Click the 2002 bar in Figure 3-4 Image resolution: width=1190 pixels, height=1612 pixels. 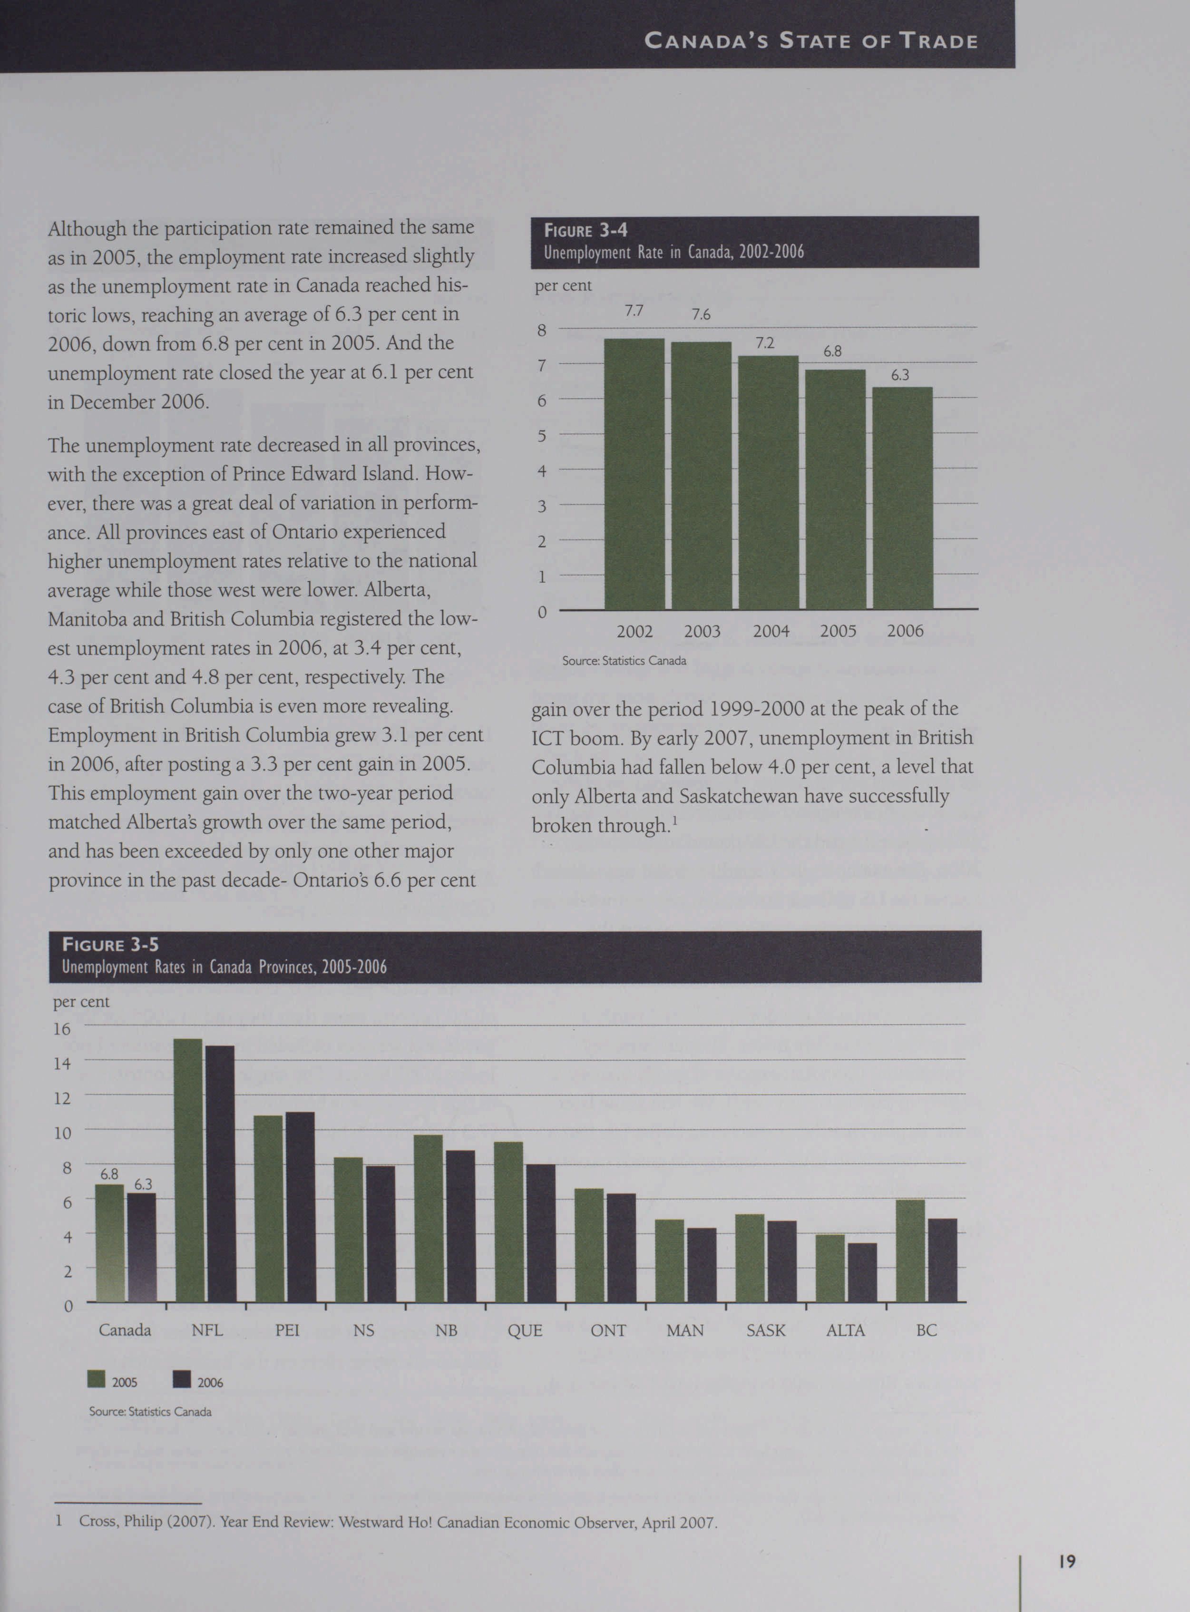tap(634, 474)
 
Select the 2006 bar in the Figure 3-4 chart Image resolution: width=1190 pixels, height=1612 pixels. tap(903, 498)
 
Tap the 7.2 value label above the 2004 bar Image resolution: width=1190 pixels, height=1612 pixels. tap(765, 343)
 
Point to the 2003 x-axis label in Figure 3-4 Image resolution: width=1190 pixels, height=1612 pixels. tap(702, 632)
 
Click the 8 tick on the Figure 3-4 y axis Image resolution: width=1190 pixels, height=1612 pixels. tap(542, 331)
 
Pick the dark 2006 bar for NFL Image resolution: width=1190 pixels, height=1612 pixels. tap(220, 1174)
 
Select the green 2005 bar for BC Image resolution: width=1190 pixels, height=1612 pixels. tap(910, 1251)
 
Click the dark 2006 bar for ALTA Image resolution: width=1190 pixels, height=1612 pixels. tap(862, 1273)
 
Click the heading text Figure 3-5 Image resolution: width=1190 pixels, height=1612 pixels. tap(110, 944)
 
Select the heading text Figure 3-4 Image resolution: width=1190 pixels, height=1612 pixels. tap(585, 231)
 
